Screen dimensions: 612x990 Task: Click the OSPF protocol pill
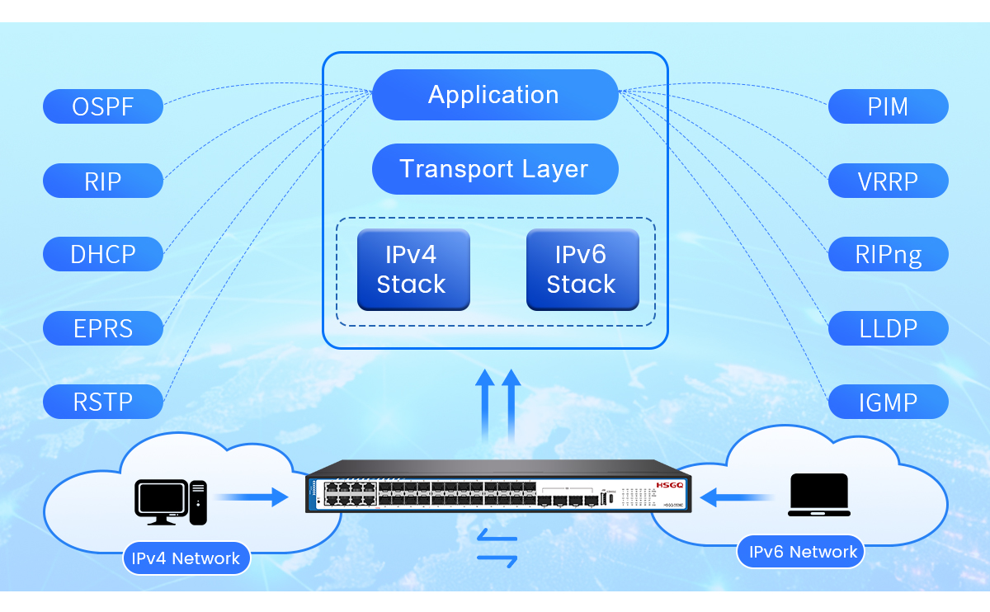(103, 106)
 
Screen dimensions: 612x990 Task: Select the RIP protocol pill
(103, 181)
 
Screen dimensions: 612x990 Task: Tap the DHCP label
(103, 254)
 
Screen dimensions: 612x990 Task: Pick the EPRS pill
(103, 328)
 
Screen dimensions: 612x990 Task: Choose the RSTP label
(103, 402)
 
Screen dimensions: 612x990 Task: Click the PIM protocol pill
(888, 106)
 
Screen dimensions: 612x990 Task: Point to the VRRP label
(888, 181)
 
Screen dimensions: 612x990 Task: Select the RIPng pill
(888, 254)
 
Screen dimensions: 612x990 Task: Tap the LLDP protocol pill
(888, 328)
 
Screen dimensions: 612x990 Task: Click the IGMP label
(888, 403)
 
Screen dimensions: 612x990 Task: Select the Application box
(494, 95)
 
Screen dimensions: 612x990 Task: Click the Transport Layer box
(494, 169)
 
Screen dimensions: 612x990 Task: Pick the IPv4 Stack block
(412, 270)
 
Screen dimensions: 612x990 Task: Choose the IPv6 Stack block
(582, 270)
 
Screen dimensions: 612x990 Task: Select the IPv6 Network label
(802, 552)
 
